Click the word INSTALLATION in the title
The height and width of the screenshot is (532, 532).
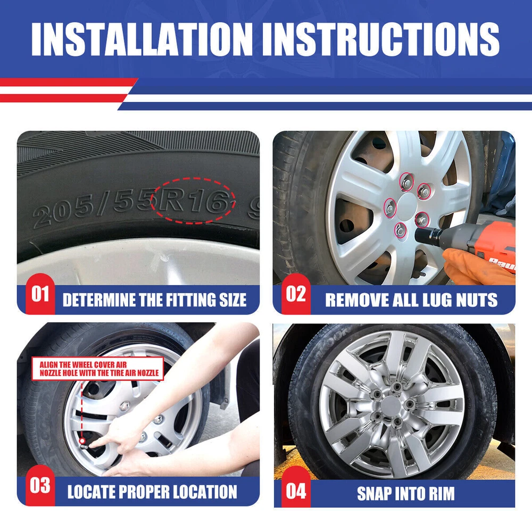pyautogui.click(x=142, y=39)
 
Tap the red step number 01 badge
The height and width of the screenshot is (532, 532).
pyautogui.click(x=40, y=294)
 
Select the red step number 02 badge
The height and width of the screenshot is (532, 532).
pyautogui.click(x=296, y=294)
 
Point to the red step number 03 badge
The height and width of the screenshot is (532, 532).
pyautogui.click(x=40, y=486)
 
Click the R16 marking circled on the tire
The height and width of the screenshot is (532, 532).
pyautogui.click(x=193, y=201)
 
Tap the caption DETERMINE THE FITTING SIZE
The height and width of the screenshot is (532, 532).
pyautogui.click(x=154, y=300)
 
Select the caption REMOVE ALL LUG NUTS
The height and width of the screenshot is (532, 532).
pyautogui.click(x=411, y=300)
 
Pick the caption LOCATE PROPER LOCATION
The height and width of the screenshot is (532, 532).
pyautogui.click(x=152, y=492)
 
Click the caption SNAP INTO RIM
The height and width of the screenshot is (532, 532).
pyautogui.click(x=406, y=493)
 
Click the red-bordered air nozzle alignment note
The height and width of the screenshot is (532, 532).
pyautogui.click(x=98, y=369)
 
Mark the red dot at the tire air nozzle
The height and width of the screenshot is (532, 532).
pyautogui.click(x=82, y=440)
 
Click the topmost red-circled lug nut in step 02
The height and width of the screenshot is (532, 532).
pyautogui.click(x=406, y=181)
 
